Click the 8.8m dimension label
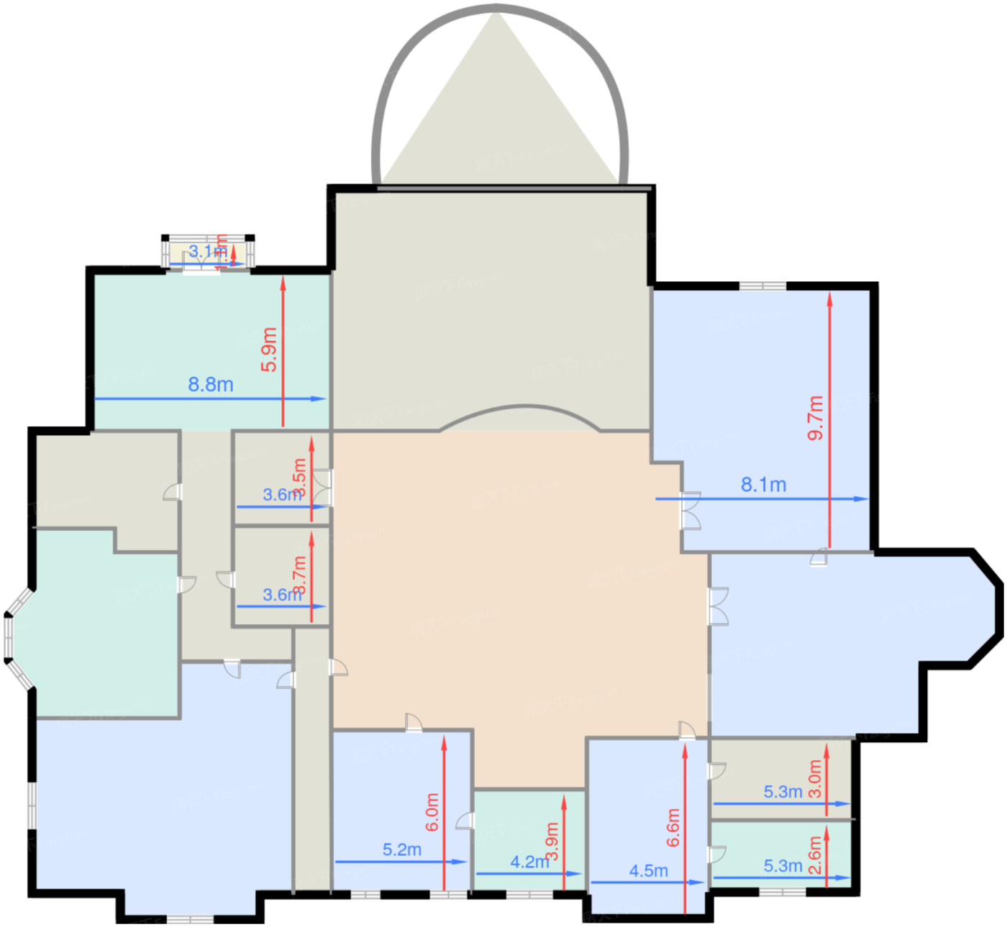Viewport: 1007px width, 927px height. click(211, 385)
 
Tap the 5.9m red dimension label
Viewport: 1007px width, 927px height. click(269, 350)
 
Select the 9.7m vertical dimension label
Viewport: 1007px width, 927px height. click(815, 417)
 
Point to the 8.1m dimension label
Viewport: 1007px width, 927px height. click(763, 485)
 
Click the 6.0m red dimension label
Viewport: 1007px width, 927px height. click(432, 812)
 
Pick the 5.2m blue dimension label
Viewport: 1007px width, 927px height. click(402, 849)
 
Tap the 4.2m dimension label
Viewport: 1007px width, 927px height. click(529, 862)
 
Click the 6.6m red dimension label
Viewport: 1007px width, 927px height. click(673, 827)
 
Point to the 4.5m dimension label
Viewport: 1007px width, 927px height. click(648, 871)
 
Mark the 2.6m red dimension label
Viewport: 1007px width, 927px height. click(815, 855)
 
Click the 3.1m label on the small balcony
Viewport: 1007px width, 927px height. click(207, 252)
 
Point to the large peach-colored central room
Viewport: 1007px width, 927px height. click(518, 575)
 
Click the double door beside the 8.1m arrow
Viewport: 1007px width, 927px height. click(691, 511)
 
